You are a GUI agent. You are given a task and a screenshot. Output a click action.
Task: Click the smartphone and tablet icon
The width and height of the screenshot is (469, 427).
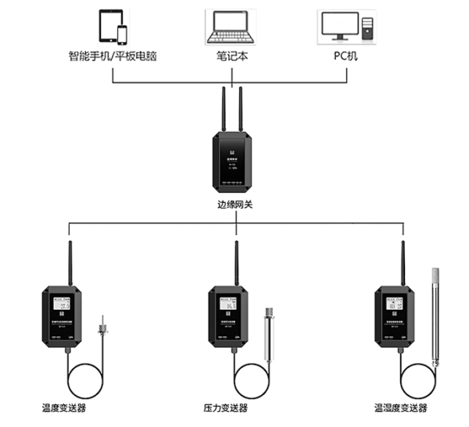click(113, 27)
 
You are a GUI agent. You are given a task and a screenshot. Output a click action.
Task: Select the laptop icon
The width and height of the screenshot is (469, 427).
click(231, 27)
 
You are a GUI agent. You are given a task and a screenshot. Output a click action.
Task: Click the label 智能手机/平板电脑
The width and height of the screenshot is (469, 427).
click(113, 56)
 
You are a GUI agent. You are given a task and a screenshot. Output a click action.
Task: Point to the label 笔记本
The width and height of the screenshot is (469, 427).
click(232, 56)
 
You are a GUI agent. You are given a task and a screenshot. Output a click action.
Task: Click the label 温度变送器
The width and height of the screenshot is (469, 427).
click(64, 407)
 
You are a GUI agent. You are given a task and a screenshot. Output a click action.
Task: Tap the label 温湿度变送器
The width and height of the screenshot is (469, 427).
click(401, 407)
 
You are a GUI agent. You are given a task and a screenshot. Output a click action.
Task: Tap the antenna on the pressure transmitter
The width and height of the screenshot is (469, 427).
click(234, 265)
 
